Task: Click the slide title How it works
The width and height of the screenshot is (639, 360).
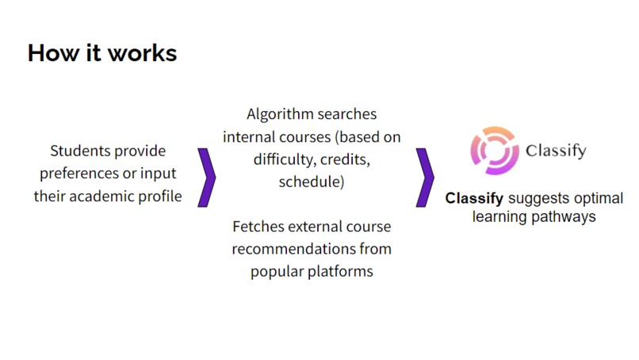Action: [102, 53]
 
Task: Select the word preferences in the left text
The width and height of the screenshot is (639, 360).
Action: [75, 174]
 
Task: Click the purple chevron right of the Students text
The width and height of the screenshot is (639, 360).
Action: [207, 176]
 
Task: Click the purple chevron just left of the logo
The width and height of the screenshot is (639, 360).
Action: [425, 176]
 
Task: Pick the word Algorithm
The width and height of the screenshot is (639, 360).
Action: [281, 114]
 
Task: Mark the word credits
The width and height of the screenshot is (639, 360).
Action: [343, 159]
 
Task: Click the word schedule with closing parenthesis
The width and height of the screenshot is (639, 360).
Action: [312, 182]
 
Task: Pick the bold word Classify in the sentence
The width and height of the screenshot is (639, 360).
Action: [474, 198]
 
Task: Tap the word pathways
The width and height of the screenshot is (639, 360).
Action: [565, 216]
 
